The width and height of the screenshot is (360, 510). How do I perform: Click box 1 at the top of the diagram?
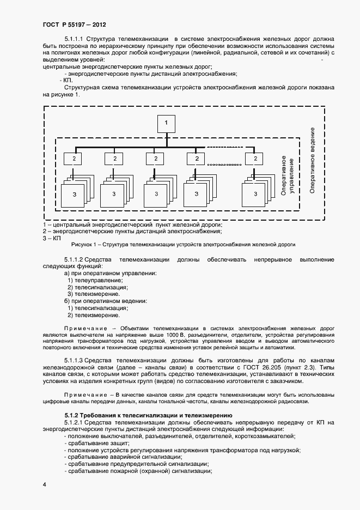[166, 124]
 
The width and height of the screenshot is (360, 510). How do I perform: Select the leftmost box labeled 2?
[73, 159]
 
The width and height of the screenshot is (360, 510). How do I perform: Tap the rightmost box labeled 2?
[254, 159]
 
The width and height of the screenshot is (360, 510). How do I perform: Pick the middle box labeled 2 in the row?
[155, 159]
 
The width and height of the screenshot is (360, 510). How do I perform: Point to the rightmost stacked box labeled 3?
[254, 194]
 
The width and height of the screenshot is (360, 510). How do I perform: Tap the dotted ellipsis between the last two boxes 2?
[224, 164]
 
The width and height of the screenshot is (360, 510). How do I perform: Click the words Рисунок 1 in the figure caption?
[83, 245]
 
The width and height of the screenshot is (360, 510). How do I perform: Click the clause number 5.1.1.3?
[74, 360]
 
